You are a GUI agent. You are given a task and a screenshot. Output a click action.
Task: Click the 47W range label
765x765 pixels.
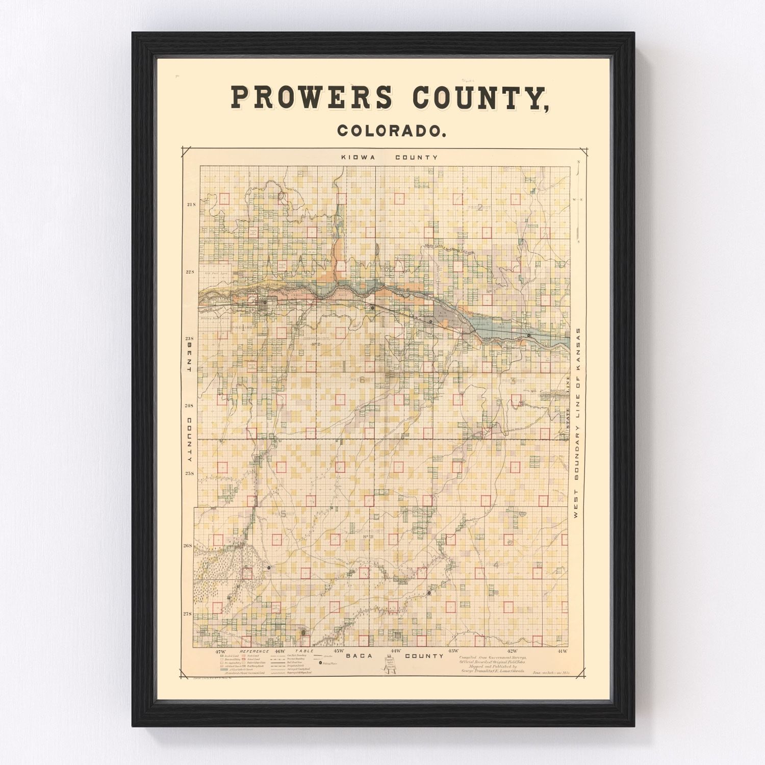pyautogui.click(x=220, y=651)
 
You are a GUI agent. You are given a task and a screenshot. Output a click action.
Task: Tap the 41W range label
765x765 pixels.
pyautogui.click(x=562, y=651)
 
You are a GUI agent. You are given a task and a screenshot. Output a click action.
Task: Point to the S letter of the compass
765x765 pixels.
pyautogui.click(x=578, y=241)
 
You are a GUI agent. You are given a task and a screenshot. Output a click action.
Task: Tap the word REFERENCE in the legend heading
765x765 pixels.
pyautogui.click(x=254, y=652)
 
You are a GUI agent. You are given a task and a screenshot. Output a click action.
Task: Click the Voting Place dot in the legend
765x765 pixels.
pyautogui.click(x=321, y=663)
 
